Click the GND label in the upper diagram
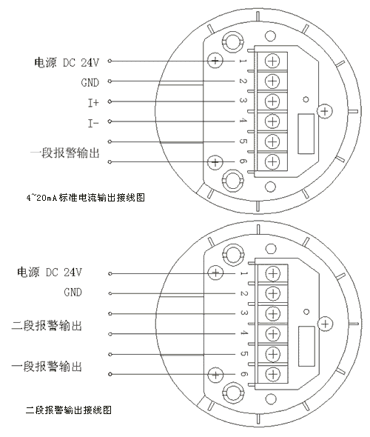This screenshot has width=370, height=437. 90,83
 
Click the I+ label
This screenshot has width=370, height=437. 93,103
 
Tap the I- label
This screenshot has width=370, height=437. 93,123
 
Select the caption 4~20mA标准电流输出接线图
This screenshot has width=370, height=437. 86,198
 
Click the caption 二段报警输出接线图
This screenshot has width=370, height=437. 69,410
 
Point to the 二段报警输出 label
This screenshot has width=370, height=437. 47,325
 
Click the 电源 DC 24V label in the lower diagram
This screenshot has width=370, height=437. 50,272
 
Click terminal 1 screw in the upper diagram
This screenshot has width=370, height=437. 272,61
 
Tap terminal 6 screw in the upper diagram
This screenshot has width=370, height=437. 272,161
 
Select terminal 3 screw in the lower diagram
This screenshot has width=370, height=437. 272,314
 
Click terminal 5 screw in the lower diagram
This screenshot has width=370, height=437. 272,354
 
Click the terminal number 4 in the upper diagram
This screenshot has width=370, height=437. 243,121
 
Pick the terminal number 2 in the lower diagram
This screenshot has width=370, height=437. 243,293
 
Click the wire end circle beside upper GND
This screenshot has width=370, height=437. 110,81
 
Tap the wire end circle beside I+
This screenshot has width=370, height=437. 110,101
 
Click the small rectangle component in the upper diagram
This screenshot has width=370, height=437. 306,134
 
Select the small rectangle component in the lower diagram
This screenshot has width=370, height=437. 306,347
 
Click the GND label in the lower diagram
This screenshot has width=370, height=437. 73,293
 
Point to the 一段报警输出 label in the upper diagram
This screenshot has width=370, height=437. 64,153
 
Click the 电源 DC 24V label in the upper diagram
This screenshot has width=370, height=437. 67,62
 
